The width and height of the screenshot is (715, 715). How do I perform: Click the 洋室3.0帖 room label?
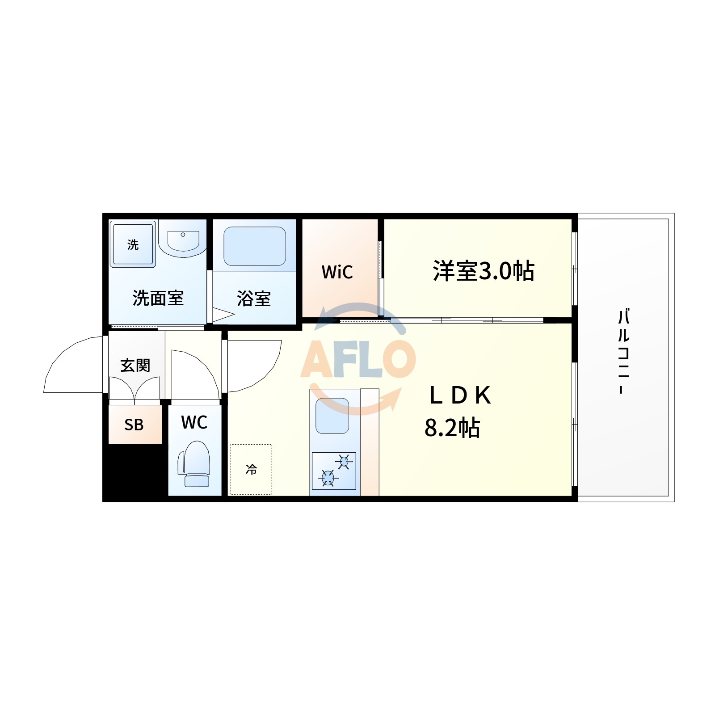pyautogui.click(x=483, y=271)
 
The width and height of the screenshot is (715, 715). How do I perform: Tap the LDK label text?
pyautogui.click(x=460, y=395)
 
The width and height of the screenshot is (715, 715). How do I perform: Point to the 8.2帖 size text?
pyautogui.click(x=452, y=428)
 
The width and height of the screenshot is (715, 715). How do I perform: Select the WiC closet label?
pyautogui.click(x=337, y=272)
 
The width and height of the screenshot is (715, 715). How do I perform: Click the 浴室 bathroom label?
pyautogui.click(x=254, y=299)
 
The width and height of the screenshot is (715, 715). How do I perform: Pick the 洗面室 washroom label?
pyautogui.click(x=158, y=298)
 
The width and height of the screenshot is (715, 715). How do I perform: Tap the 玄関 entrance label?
pyautogui.click(x=135, y=366)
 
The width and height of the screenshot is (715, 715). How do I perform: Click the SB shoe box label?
pyautogui.click(x=134, y=425)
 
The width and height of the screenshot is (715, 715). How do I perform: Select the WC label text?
pyautogui.click(x=194, y=422)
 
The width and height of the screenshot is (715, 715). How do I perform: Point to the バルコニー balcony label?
pyautogui.click(x=623, y=351)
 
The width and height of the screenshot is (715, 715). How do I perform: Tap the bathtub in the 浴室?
pyautogui.click(x=254, y=246)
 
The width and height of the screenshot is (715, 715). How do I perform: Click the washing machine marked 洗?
pyautogui.click(x=133, y=244)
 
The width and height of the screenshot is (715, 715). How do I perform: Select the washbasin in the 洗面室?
pyautogui.click(x=183, y=241)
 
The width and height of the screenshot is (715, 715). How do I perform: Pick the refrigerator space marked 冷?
pyautogui.click(x=251, y=469)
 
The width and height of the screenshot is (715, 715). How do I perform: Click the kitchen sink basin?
pyautogui.click(x=332, y=416)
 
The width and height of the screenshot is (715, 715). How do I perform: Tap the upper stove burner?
pyautogui.click(x=344, y=461)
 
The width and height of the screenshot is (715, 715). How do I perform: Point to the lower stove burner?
pyautogui.click(x=328, y=478)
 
